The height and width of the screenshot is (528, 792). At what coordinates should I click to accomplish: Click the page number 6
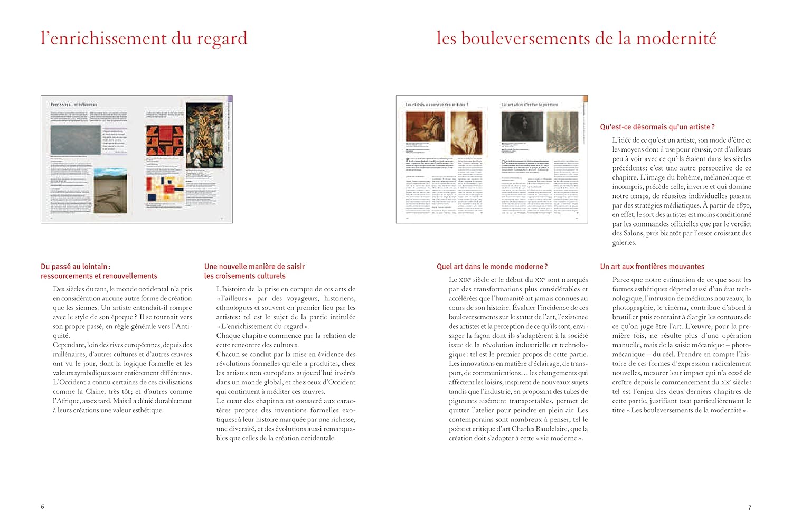pyautogui.click(x=43, y=507)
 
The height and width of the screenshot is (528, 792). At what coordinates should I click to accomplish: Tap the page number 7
pyautogui.click(x=749, y=508)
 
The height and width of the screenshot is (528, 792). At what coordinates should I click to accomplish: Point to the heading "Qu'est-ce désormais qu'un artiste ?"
pyautogui.click(x=657, y=127)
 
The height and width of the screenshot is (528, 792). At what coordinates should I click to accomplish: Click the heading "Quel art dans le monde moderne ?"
pyautogui.click(x=492, y=267)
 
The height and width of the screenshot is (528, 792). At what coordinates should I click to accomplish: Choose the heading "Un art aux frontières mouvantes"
pyautogui.click(x=652, y=267)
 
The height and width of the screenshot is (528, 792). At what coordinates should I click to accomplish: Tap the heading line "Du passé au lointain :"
pyautogui.click(x=76, y=267)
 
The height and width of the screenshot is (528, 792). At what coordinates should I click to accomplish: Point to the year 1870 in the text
pyautogui.click(x=742, y=205)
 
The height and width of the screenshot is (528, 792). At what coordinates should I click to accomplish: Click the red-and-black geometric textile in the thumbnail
pyautogui.click(x=165, y=141)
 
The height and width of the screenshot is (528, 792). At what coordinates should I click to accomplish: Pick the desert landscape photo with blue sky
pyautogui.click(x=110, y=191)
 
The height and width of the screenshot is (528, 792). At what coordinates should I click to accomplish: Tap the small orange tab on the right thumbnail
pyautogui.click(x=584, y=99)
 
